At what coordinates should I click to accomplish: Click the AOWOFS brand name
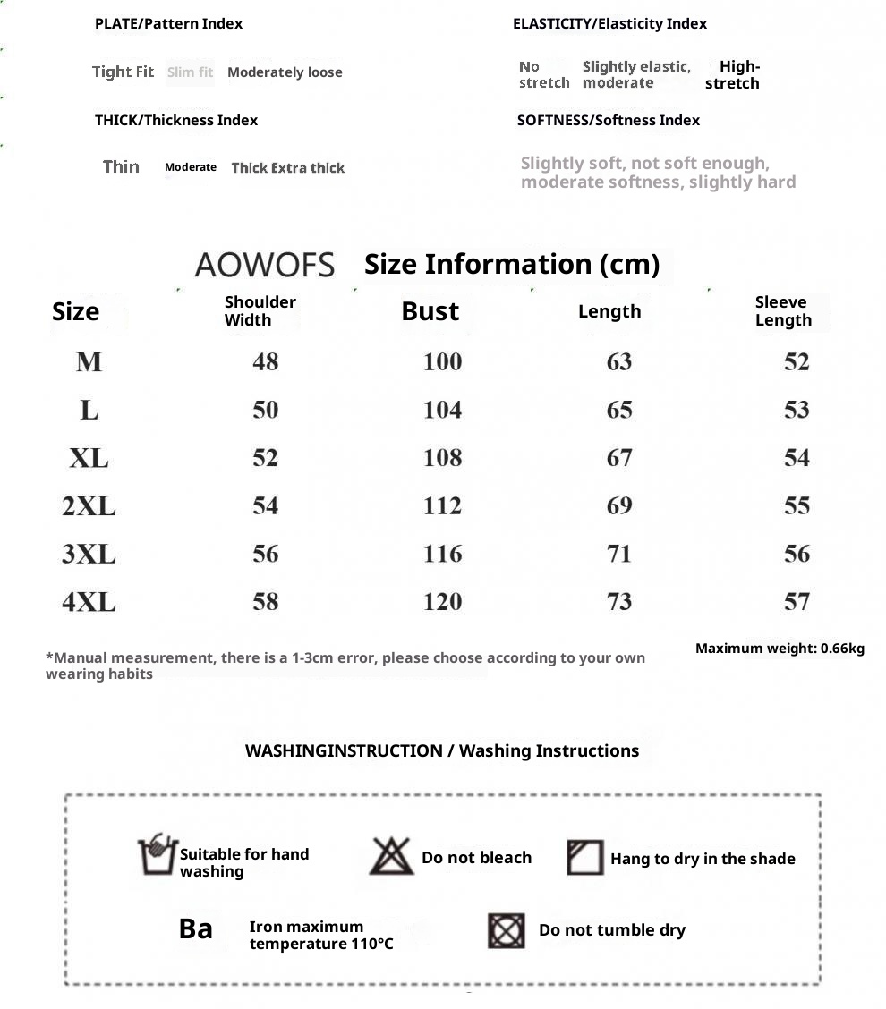[x=264, y=265]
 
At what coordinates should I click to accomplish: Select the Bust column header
[x=430, y=311]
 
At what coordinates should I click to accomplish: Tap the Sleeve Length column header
[x=782, y=311]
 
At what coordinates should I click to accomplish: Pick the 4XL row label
[x=89, y=602]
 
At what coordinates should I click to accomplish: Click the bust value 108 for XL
[x=442, y=458]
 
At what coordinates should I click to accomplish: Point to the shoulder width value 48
[x=265, y=361]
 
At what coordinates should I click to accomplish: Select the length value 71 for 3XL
[x=618, y=554]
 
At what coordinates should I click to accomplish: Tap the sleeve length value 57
[x=797, y=602]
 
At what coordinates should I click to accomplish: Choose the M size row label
[x=89, y=361]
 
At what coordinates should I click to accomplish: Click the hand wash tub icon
[x=157, y=855]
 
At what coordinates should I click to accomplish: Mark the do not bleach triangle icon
[x=391, y=856]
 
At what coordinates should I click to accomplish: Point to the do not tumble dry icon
[x=507, y=930]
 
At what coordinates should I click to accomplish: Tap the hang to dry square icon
[x=585, y=857]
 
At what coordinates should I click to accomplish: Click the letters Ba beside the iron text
[x=196, y=928]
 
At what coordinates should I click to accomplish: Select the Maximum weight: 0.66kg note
[x=780, y=649]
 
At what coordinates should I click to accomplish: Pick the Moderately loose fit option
[x=285, y=72]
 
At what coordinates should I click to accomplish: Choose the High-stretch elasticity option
[x=732, y=74]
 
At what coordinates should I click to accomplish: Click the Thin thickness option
[x=121, y=166]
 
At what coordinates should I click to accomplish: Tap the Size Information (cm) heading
[x=512, y=264]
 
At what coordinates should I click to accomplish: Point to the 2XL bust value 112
[x=442, y=506]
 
